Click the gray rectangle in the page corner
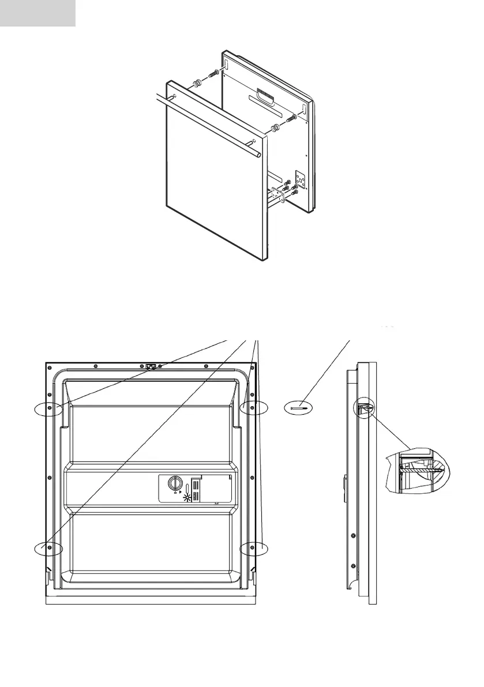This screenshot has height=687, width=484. click(x=37, y=13)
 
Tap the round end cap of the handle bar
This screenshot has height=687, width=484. click(x=259, y=155)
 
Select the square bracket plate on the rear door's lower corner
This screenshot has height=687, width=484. click(x=300, y=182)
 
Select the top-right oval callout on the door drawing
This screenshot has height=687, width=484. click(x=254, y=407)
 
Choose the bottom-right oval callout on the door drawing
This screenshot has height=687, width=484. click(x=254, y=548)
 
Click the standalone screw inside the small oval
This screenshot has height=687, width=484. click(x=301, y=408)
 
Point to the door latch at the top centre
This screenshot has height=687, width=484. click(x=151, y=366)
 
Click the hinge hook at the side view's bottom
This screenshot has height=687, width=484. click(x=350, y=588)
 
